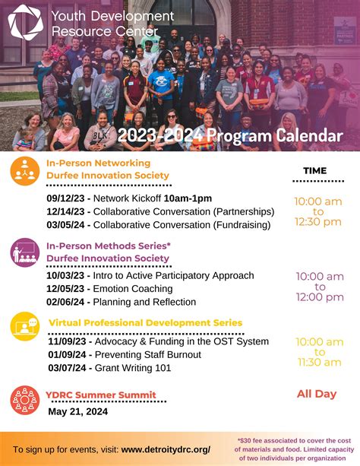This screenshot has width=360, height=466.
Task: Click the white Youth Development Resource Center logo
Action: (x=25, y=22)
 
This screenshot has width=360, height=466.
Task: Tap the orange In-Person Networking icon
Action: (x=25, y=171)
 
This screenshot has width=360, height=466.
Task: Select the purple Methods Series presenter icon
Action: (x=25, y=252)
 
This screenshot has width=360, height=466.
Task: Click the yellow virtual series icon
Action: (x=25, y=326)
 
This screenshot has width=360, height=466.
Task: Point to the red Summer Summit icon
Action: (x=25, y=401)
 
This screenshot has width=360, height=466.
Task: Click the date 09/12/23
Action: (x=65, y=198)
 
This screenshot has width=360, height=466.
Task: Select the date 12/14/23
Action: (x=65, y=211)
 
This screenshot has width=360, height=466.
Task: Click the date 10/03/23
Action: (x=65, y=275)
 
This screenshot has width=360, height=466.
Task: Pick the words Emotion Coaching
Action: (x=133, y=289)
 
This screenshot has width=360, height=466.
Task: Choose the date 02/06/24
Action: (x=65, y=302)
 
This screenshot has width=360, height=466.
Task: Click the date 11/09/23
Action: (x=67, y=341)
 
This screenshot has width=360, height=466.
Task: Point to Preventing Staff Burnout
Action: (x=148, y=354)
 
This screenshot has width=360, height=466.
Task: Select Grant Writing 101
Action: (x=133, y=368)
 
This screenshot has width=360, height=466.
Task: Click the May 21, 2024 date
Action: (x=77, y=411)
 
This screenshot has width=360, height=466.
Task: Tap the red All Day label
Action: (x=317, y=394)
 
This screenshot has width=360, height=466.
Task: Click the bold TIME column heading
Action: (x=315, y=170)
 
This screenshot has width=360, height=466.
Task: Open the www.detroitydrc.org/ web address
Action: (x=166, y=449)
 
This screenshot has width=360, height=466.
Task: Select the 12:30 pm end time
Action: (x=318, y=222)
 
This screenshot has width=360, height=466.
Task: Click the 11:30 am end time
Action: (x=320, y=363)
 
